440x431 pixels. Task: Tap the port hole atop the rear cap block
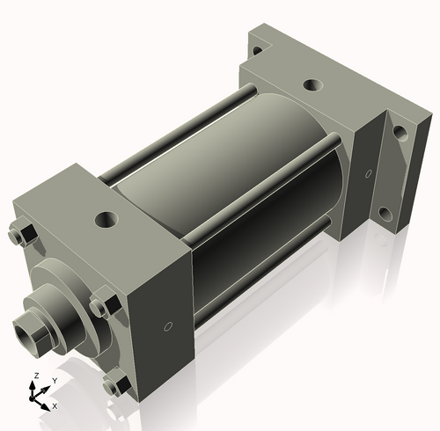click(x=312, y=86)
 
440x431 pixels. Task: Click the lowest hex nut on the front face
click(x=113, y=384)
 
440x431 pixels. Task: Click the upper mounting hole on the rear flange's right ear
click(x=400, y=134)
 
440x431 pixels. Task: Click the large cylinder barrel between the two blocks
click(x=238, y=176)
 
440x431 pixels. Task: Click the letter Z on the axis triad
click(x=34, y=376)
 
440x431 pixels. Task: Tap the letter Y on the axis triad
click(x=54, y=380)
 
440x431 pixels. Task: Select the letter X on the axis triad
click(x=55, y=406)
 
